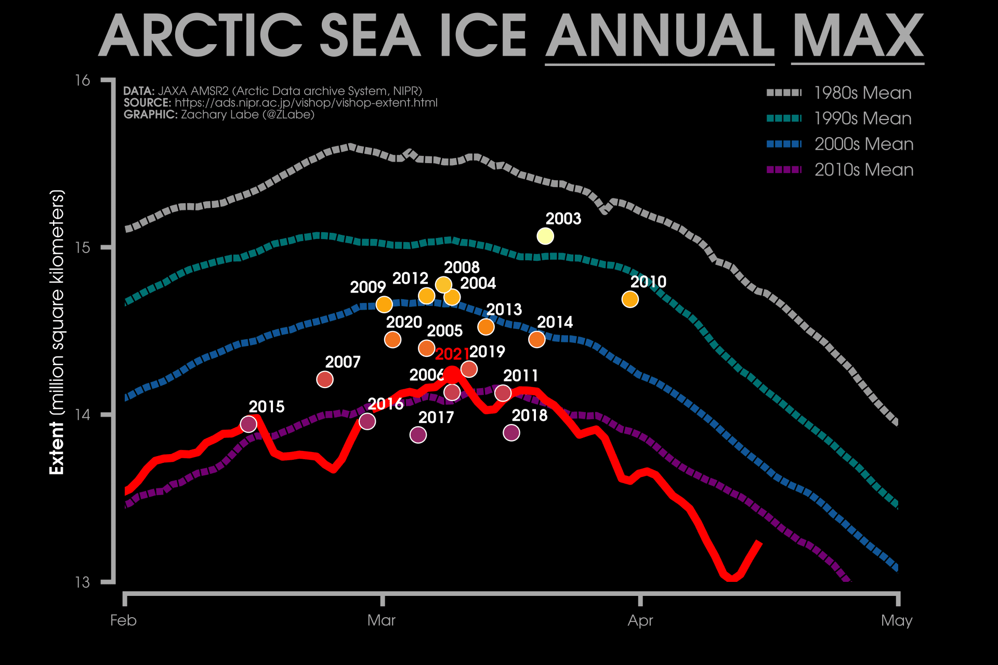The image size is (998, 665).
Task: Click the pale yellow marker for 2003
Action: click(545, 236)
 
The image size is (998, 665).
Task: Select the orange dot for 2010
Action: click(630, 299)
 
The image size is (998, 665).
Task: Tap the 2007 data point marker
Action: click(325, 379)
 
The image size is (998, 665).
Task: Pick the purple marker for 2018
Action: click(511, 432)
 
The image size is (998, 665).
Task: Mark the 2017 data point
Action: click(418, 434)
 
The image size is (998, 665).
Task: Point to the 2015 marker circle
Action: click(248, 424)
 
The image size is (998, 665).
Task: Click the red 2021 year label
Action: click(452, 354)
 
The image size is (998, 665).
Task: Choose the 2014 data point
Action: click(536, 339)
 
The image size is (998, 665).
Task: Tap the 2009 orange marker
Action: click(384, 304)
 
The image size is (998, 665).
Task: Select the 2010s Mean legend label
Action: click(863, 170)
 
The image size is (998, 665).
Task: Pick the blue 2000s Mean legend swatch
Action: click(784, 144)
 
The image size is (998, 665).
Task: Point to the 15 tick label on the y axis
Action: click(82, 247)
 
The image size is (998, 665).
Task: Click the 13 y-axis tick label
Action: click(82, 582)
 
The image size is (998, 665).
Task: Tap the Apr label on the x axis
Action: click(640, 620)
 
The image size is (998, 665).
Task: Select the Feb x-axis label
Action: click(123, 620)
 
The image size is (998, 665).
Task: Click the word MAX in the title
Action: click(858, 36)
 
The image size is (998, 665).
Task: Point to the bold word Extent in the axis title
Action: click(56, 448)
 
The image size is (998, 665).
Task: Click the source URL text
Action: click(306, 103)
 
